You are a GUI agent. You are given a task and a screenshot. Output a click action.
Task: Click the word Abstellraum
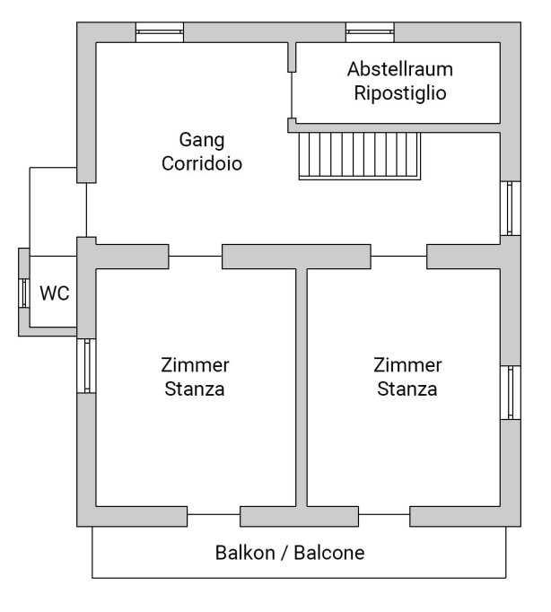pyautogui.click(x=400, y=69)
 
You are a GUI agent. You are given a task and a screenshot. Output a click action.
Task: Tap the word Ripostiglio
pyautogui.click(x=400, y=93)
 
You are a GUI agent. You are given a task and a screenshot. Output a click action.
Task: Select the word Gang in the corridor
pyautogui.click(x=202, y=140)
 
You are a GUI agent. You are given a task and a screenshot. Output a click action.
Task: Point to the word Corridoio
pyautogui.click(x=202, y=163)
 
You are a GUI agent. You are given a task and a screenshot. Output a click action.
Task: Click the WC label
pyautogui.click(x=55, y=293)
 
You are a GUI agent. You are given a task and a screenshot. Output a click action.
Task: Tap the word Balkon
pyautogui.click(x=245, y=553)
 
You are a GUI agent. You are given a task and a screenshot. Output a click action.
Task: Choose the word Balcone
pyautogui.click(x=329, y=553)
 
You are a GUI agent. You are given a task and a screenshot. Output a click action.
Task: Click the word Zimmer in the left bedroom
pyautogui.click(x=195, y=365)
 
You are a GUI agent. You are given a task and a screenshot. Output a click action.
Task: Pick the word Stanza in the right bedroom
pyautogui.click(x=407, y=389)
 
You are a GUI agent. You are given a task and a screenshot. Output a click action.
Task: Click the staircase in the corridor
pyautogui.click(x=359, y=156)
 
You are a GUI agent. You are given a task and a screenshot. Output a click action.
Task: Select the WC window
pyautogui.click(x=24, y=293)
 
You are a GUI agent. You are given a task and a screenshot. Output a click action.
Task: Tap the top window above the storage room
pyautogui.click(x=370, y=32)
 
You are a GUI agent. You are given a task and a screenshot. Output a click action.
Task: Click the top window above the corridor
pyautogui.click(x=160, y=32)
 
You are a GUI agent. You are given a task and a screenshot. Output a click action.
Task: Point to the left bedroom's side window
pyautogui.click(x=86, y=366)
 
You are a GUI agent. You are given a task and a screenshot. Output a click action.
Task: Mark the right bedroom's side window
pyautogui.click(x=511, y=393)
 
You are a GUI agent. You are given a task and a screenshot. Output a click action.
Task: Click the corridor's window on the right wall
pyautogui.click(x=511, y=208)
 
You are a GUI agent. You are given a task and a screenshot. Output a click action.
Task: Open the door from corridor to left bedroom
pyautogui.click(x=196, y=257)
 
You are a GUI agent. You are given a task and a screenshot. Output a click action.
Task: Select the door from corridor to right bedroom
pyautogui.click(x=398, y=257)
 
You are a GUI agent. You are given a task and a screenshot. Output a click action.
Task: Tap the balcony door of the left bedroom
pyautogui.click(x=214, y=514)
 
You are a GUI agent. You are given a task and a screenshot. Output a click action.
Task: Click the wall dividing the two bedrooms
pyautogui.click(x=302, y=388)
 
